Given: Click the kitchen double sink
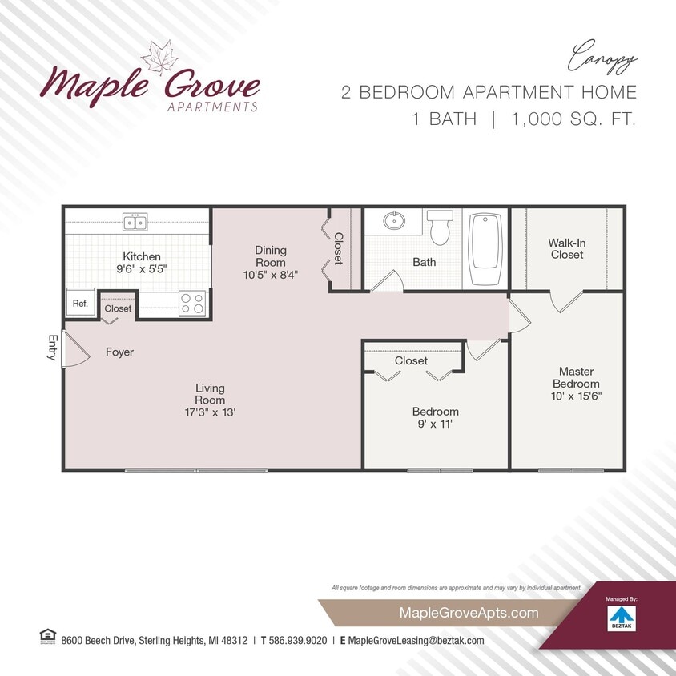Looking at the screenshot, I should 135,221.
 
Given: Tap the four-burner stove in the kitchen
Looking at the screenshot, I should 191,304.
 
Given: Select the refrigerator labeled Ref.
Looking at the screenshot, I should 80,304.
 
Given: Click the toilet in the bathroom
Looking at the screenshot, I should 440,227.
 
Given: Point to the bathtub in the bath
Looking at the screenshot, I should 485,248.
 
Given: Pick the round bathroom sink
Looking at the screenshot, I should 393,220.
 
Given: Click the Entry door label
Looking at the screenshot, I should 52,348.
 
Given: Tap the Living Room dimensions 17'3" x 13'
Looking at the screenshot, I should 210,412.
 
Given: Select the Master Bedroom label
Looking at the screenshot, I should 576,377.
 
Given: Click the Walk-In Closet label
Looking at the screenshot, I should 565,248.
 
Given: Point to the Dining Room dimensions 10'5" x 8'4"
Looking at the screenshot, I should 271,274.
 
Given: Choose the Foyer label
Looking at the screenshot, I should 119,352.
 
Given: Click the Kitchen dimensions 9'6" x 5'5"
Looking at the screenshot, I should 141,269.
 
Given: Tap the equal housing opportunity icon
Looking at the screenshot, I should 45,637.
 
